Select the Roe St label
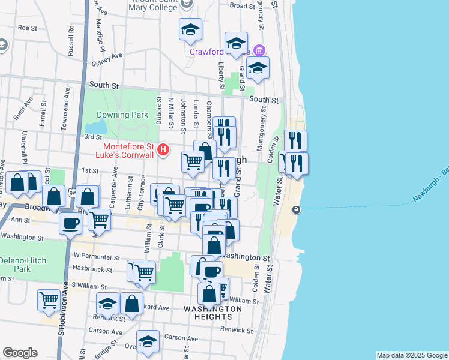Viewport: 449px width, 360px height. pos(28,28)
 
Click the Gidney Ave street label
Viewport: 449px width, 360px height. pos(108,59)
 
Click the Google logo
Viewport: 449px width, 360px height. pos(20,353)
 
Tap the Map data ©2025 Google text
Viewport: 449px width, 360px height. pos(412,355)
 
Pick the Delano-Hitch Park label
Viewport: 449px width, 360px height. pos(23,265)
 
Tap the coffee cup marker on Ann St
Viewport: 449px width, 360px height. pos(70,224)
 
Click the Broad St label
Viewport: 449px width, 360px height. pos(243,5)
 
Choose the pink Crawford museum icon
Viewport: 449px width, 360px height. pos(259,50)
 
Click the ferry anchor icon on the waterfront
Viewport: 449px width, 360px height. pos(296,209)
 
